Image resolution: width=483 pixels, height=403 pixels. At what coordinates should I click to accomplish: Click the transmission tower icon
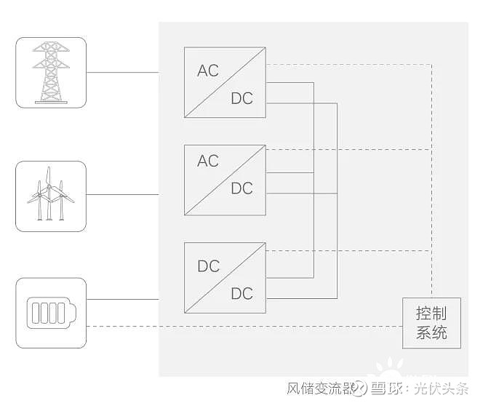pos(51,73)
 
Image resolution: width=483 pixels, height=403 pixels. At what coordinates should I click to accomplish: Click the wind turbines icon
pos(51,196)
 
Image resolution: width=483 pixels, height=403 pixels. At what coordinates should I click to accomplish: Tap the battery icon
pos(51,313)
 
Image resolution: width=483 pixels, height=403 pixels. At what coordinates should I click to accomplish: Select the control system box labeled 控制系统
pos(431,324)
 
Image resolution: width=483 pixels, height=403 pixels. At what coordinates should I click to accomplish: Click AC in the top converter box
pos(208,71)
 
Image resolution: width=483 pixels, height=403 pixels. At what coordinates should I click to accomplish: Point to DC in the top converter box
pos(242,98)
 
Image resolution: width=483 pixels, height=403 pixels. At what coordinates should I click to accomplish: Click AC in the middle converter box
pos(208,161)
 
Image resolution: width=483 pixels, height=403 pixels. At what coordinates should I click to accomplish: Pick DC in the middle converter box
pos(242,188)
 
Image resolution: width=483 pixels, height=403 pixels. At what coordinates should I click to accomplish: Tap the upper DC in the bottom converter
pos(209,266)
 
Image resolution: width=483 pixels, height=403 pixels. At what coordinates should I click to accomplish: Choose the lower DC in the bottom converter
pos(242,293)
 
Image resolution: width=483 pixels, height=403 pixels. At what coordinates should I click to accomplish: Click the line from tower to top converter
pos(122,73)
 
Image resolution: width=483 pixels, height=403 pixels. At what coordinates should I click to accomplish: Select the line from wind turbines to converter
pos(122,194)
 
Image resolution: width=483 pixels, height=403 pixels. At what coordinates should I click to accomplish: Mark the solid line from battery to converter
pos(122,299)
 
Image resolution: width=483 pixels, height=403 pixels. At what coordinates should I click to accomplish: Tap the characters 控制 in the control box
pos(431,314)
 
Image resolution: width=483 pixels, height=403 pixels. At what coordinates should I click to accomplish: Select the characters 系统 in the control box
pos(431,334)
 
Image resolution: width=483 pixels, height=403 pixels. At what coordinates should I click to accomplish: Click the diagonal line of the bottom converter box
pos(225,278)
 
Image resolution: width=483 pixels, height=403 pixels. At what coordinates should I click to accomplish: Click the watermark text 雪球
pos(388,388)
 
